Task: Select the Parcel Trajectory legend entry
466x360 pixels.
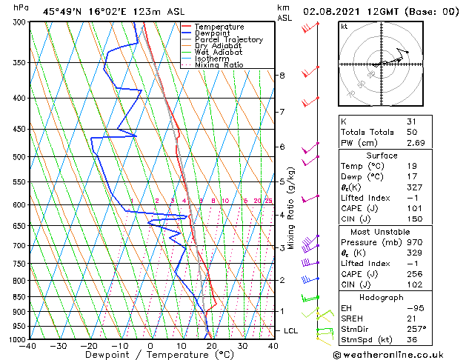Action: [x=228, y=40]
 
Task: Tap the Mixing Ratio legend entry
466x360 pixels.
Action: [x=219, y=65]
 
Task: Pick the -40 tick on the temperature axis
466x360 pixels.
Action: [x=29, y=346]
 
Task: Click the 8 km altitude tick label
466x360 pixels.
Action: [x=282, y=76]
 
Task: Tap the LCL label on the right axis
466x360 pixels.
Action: [x=290, y=330]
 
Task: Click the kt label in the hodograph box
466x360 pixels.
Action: [x=344, y=27]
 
